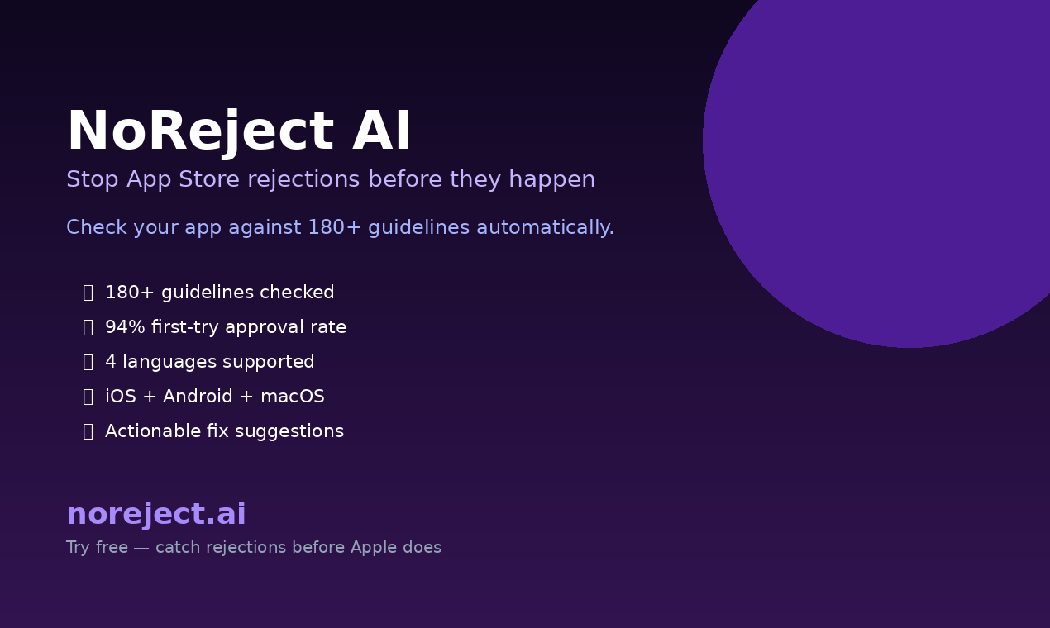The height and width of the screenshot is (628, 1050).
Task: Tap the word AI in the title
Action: pyautogui.click(x=382, y=132)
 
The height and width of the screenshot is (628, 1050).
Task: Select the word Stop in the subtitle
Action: pyautogui.click(x=93, y=180)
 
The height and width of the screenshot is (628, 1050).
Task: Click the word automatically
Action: pyautogui.click(x=545, y=228)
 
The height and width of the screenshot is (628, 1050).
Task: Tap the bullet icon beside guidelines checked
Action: pyautogui.click(x=88, y=293)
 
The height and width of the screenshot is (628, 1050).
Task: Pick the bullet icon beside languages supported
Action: pyautogui.click(x=88, y=362)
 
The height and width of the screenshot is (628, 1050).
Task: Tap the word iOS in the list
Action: pyautogui.click(x=121, y=397)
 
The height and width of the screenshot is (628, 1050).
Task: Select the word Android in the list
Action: pyautogui.click(x=198, y=397)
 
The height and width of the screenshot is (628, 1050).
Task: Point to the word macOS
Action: pyautogui.click(x=293, y=397)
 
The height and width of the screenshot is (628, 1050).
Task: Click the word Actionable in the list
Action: pyautogui.click(x=153, y=431)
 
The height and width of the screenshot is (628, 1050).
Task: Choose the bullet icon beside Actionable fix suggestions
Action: pyautogui.click(x=88, y=431)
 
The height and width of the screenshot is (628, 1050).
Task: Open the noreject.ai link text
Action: pyautogui.click(x=156, y=515)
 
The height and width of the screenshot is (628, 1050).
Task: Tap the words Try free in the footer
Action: pyautogui.click(x=97, y=548)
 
